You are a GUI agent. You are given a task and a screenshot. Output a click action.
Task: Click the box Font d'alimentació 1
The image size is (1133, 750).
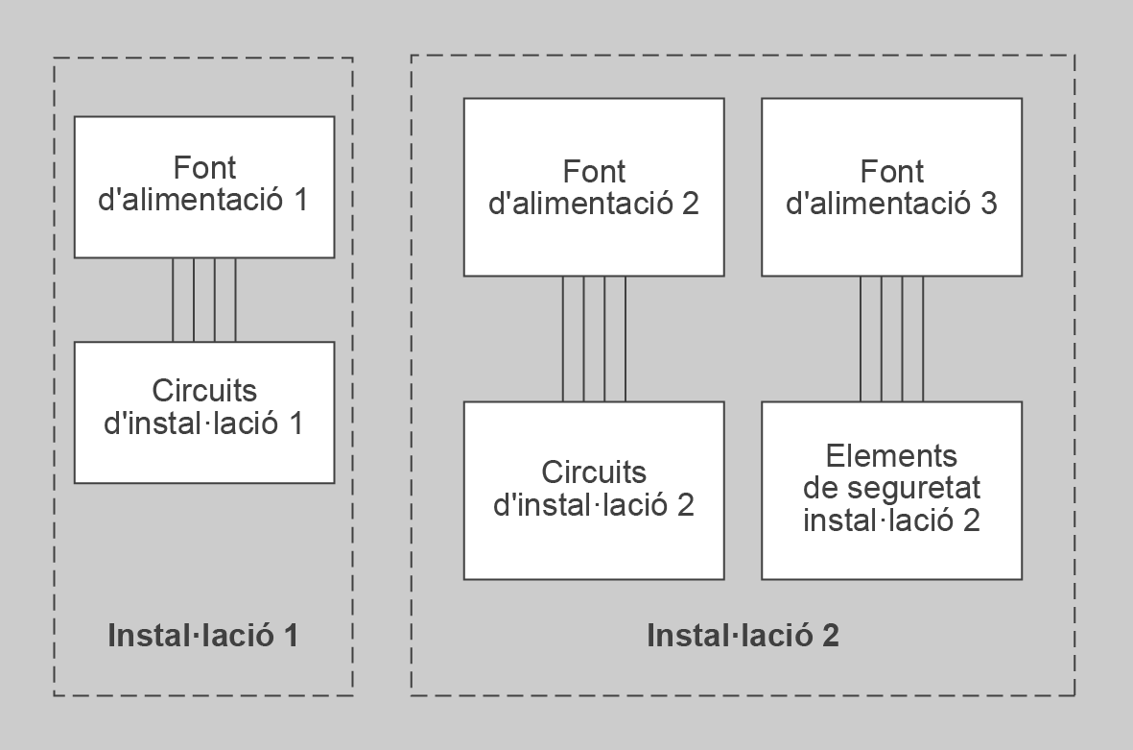[x=204, y=186]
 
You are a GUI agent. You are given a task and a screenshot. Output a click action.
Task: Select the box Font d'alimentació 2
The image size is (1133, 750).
[x=594, y=187]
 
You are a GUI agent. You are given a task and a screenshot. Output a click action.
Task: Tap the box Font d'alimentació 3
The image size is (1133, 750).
[x=891, y=187]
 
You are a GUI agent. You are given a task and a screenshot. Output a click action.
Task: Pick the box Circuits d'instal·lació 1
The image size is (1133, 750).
[x=204, y=412]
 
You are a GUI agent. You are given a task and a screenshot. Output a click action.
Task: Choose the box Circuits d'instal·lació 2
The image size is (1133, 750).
[x=594, y=490]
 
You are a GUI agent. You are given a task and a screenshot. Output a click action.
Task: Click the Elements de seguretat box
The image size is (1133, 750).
[x=891, y=490]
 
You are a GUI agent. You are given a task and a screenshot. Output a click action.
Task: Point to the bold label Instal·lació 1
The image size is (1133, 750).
[x=203, y=635]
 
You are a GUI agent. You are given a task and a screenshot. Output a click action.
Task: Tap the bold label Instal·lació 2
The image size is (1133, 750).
[x=743, y=635]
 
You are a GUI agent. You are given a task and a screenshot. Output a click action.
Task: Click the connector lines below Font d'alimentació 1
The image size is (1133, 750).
[x=204, y=300]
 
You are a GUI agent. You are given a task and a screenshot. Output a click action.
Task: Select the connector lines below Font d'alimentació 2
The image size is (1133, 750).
[x=594, y=338]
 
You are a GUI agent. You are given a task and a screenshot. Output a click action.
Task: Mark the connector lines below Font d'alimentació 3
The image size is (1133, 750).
[x=891, y=338]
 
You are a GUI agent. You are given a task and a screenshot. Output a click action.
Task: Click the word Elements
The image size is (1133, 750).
[x=891, y=455]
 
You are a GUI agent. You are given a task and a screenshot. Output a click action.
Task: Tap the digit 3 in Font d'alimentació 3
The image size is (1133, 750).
[x=989, y=205]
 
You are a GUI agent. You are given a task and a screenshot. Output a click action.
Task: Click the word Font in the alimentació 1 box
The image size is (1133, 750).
[x=204, y=166]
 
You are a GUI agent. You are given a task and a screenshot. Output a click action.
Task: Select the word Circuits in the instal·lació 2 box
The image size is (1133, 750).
[x=594, y=472]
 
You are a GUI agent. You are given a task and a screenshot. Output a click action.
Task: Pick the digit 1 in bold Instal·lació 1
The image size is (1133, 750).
[x=288, y=635]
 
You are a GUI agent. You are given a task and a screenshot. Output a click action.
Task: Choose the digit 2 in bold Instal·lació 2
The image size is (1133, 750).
[x=829, y=635]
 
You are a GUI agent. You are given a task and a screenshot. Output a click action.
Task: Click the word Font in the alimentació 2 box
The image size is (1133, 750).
[x=594, y=172]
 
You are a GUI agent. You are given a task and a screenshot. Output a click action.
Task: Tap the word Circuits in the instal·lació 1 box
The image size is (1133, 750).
[x=204, y=391]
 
